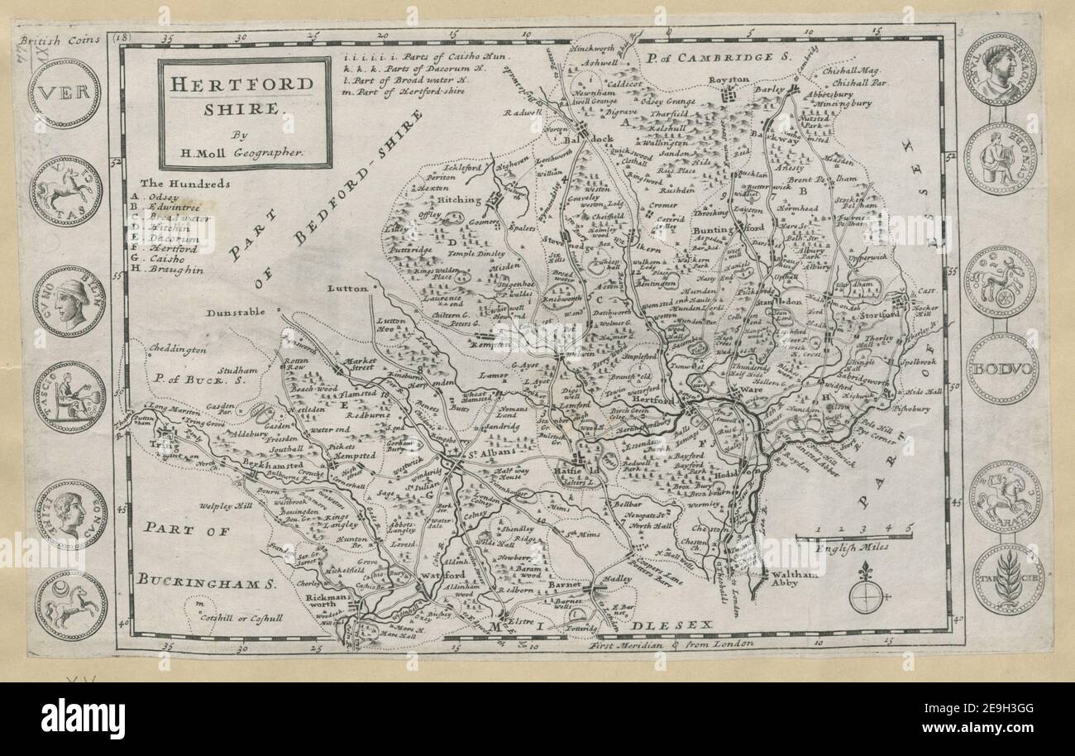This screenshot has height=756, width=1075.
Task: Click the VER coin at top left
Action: point(64,93)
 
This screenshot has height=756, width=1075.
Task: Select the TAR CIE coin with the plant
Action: point(1006,579)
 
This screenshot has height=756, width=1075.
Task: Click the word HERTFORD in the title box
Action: point(243,84)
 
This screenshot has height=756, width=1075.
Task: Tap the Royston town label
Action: point(729,79)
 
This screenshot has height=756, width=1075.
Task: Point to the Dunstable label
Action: point(236,313)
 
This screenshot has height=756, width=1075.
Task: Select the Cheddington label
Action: point(177,351)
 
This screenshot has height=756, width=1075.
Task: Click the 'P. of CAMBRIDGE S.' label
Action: point(720,58)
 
